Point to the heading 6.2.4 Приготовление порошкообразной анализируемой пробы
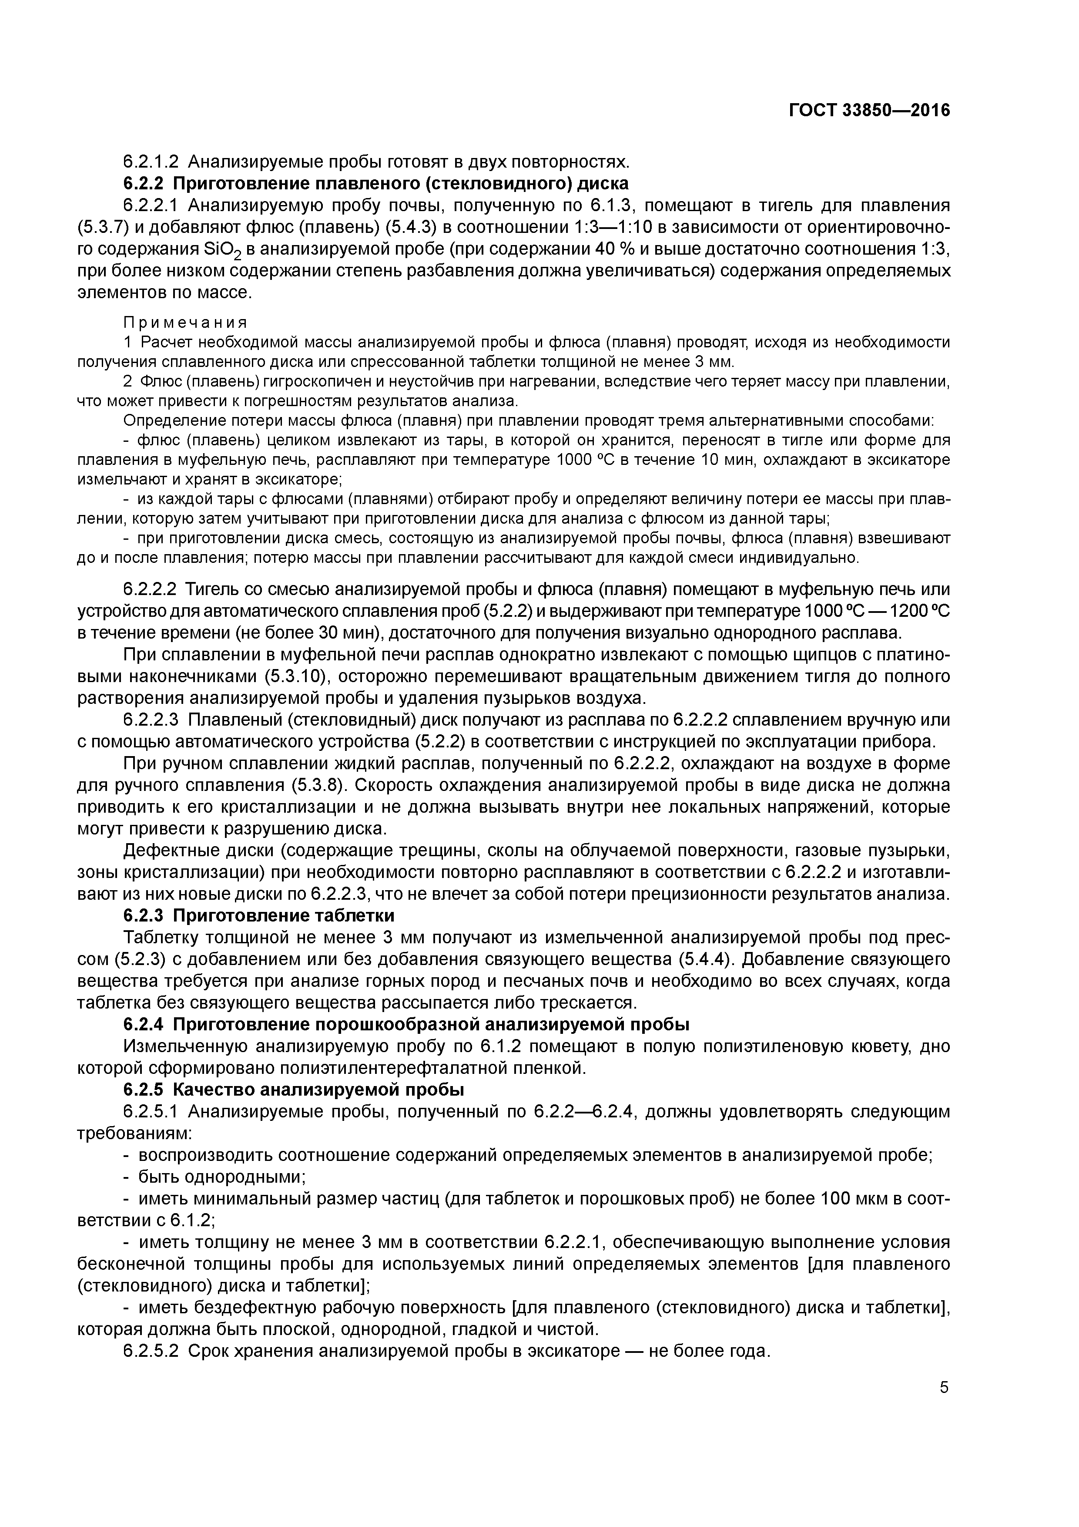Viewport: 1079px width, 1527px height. [x=406, y=1025]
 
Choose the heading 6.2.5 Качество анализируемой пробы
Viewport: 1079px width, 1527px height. [x=293, y=1090]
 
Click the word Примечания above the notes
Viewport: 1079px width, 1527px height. [x=185, y=323]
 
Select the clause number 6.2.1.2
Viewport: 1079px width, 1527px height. [x=151, y=161]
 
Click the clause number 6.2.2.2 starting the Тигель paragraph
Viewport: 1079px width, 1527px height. [x=151, y=589]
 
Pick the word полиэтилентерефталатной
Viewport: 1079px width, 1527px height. [x=390, y=1068]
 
